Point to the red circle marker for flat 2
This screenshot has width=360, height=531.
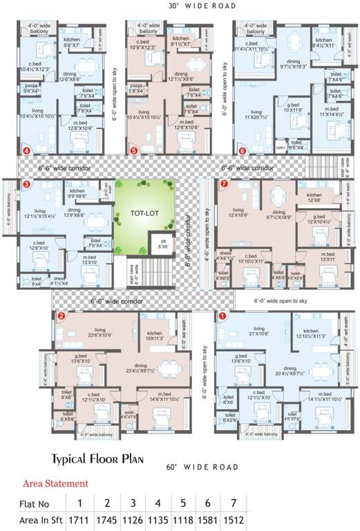(61, 316)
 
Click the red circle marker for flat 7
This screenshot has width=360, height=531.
(222, 184)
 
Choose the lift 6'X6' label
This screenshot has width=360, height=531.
(162, 243)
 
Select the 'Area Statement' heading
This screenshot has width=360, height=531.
(56, 483)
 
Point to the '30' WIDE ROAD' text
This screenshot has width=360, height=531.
(202, 6)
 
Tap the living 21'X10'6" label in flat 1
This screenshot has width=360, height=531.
(259, 331)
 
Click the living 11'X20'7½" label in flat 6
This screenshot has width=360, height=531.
(257, 115)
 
